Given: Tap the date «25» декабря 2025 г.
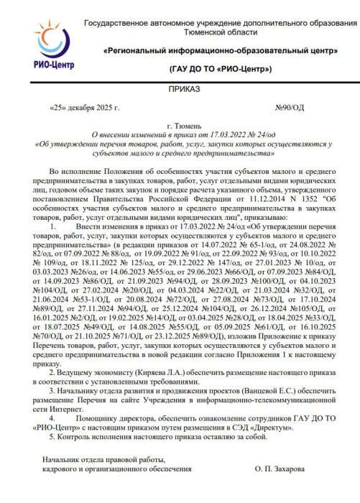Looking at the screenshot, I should (x=83, y=109).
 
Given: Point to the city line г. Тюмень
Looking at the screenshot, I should (x=180, y=125).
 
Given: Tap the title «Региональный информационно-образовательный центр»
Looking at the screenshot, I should (x=221, y=52).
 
